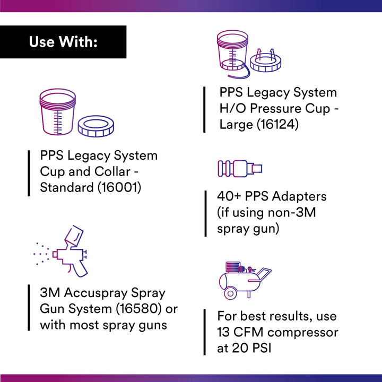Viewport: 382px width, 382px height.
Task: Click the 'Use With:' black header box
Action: [63, 42]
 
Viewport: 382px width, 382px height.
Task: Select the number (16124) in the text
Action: [281, 125]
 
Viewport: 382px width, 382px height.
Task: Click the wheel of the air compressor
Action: [230, 293]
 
